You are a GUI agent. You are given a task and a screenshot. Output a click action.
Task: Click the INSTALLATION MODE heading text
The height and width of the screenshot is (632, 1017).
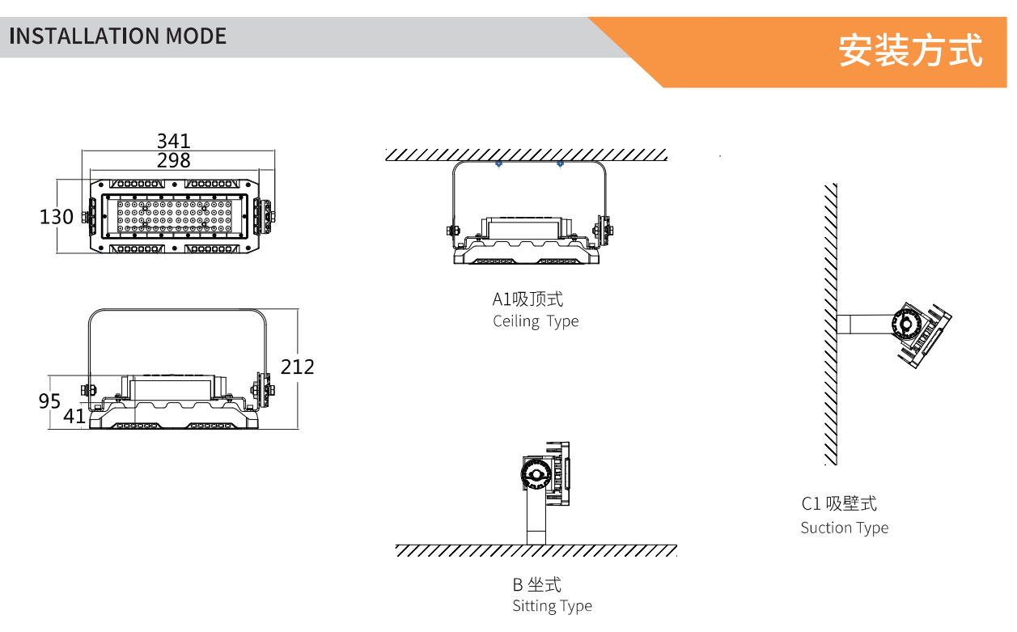(x=117, y=36)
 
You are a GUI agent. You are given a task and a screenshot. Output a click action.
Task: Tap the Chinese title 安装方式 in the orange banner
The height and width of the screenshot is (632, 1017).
(x=910, y=50)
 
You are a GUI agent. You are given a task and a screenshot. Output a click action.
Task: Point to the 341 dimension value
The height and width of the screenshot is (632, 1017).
(x=174, y=142)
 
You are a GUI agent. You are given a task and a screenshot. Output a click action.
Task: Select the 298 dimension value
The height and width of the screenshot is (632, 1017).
(x=174, y=160)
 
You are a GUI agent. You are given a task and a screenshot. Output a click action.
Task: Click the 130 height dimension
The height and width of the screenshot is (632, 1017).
(x=57, y=217)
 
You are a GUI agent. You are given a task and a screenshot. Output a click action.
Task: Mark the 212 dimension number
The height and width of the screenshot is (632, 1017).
(x=297, y=367)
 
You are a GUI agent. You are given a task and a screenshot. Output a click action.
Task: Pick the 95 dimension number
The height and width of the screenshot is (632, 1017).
(x=50, y=401)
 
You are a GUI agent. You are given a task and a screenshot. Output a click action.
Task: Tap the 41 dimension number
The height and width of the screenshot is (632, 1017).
(x=74, y=416)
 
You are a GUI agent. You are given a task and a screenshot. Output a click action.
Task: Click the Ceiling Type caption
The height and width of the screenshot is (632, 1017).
(x=536, y=321)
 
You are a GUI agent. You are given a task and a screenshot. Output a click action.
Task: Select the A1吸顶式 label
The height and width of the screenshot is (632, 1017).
(x=528, y=299)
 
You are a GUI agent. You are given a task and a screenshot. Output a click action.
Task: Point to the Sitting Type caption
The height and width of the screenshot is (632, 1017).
(x=552, y=606)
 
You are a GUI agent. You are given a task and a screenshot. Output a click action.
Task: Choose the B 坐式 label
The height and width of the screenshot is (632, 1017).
(x=536, y=584)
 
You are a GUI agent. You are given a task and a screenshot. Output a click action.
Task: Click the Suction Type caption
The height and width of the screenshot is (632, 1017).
(x=844, y=528)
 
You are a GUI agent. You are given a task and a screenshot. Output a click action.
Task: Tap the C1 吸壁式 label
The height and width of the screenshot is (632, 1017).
(x=839, y=503)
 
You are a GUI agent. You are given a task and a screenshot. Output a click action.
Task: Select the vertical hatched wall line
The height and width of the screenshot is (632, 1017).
(x=830, y=324)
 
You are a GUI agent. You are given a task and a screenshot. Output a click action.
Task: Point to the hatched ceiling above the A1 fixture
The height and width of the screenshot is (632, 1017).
(x=526, y=155)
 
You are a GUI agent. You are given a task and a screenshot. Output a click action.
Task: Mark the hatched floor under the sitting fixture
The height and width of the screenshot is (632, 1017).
(x=536, y=551)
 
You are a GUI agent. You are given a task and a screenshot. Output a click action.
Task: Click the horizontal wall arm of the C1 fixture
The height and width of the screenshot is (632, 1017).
(x=863, y=324)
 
